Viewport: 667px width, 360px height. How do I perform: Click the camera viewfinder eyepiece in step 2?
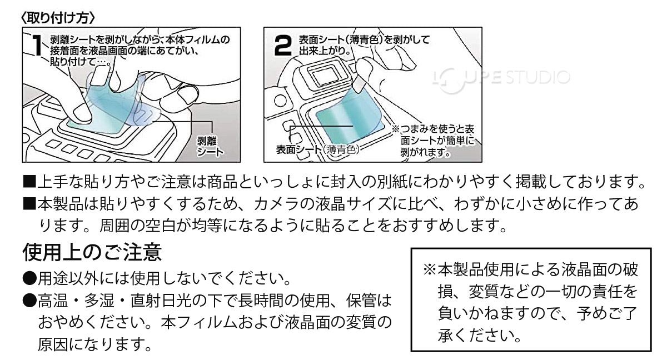coord(322,75)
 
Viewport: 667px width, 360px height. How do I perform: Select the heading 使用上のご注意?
coord(92,253)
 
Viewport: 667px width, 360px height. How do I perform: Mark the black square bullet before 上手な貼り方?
coord(29,182)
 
